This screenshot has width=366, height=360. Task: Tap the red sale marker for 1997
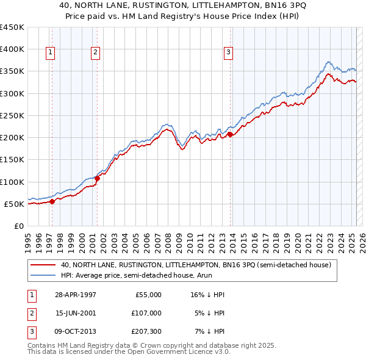point(52,201)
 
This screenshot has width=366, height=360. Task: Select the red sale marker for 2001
point(98,178)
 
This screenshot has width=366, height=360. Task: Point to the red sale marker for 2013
point(230,135)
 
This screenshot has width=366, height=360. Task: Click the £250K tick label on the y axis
point(12,115)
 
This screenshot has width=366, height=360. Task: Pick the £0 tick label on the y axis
point(19,226)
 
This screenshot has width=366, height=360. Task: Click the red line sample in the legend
point(43,265)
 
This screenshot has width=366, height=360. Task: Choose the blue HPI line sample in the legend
point(43,276)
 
